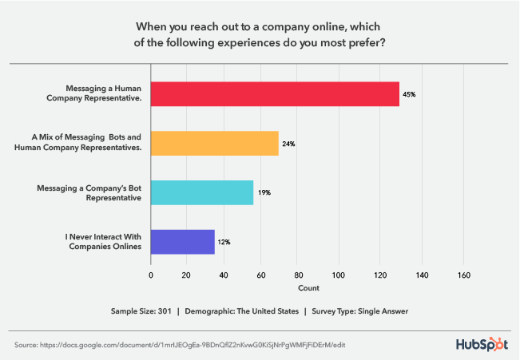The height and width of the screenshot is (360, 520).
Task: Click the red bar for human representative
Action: pyautogui.click(x=275, y=93)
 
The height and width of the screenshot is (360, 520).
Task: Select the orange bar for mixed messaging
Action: pyautogui.click(x=215, y=143)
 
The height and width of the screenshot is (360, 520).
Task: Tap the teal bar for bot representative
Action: pyautogui.click(x=202, y=192)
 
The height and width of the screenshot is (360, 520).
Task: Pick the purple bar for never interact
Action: pyautogui.click(x=183, y=242)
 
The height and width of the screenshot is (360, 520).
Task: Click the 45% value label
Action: pyautogui.click(x=409, y=94)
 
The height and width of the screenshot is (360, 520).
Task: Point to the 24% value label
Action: pyautogui.click(x=288, y=144)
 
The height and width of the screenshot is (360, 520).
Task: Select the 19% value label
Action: pyautogui.click(x=263, y=193)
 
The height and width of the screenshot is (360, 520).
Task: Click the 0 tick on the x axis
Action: pyautogui.click(x=151, y=275)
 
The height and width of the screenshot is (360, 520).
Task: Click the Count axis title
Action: pyautogui.click(x=308, y=287)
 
